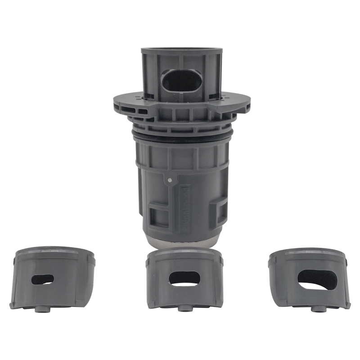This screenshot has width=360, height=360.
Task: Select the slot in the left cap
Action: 43,279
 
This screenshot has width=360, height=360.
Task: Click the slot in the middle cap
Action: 184,278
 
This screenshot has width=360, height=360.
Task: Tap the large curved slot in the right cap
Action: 317,279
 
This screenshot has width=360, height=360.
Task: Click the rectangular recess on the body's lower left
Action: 158,215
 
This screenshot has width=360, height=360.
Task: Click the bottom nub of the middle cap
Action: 184,308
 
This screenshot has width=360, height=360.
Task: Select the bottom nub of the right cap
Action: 317,309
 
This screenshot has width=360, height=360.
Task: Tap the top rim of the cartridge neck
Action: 182,50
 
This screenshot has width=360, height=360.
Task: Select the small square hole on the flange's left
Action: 143,111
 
